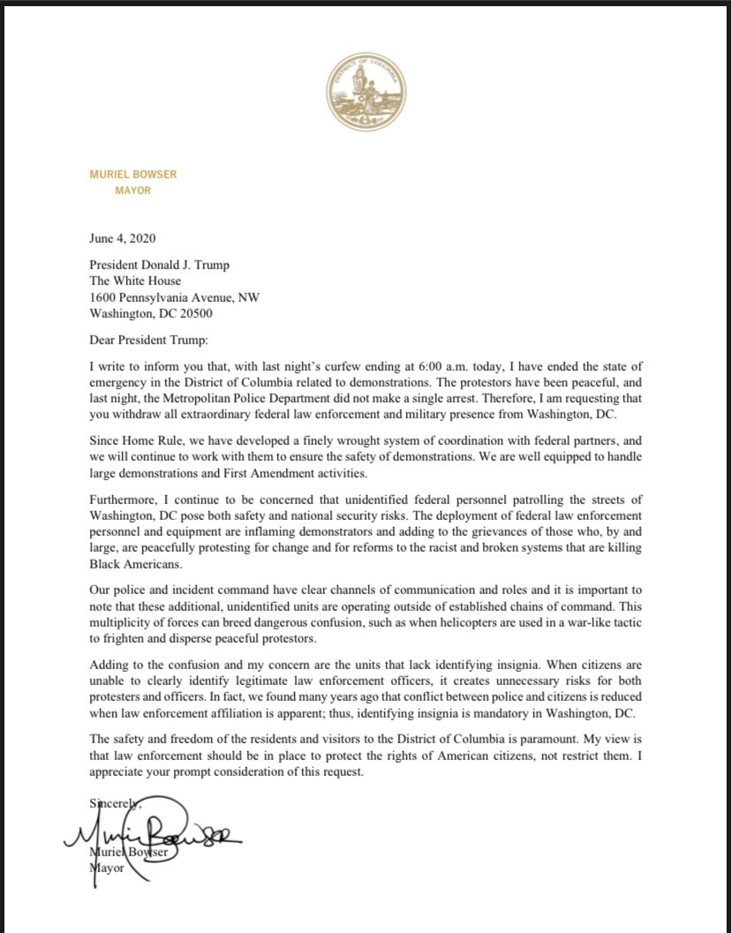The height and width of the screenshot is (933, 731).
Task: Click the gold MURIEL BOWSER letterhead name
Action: pos(132,175)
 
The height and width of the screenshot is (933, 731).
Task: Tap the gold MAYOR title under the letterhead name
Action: pos(133,190)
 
